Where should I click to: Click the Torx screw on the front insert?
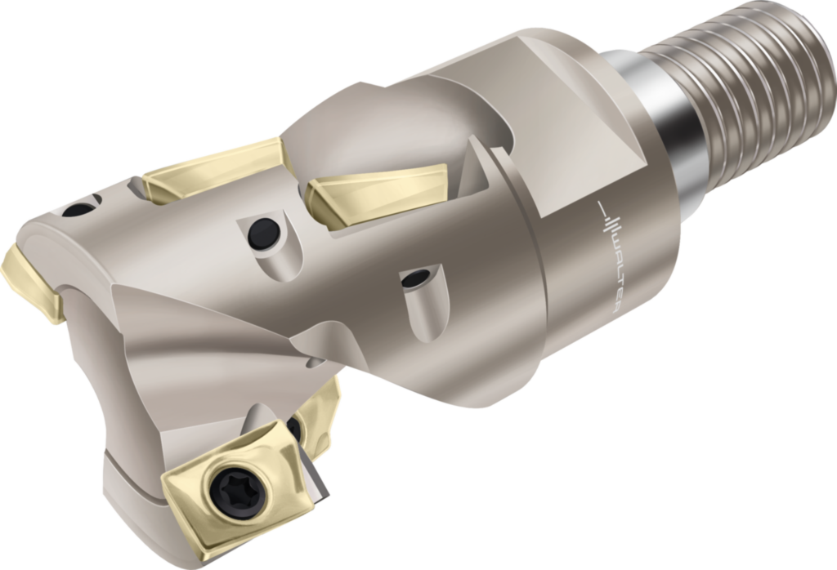[x=226, y=492]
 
